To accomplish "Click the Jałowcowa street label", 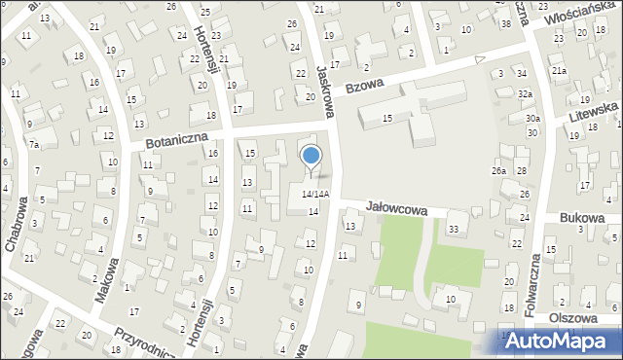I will pyautogui.click(x=397, y=207).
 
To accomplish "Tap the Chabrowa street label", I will pyautogui.click(x=18, y=223).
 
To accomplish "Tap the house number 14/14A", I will pyautogui.click(x=314, y=195).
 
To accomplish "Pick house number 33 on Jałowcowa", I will pyautogui.click(x=453, y=229).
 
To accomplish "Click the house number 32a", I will pyautogui.click(x=526, y=93).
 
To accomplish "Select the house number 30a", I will pyautogui.click(x=532, y=119).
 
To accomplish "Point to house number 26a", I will pyautogui.click(x=499, y=171).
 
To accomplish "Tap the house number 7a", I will pyautogui.click(x=33, y=145).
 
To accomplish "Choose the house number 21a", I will pyautogui.click(x=559, y=71).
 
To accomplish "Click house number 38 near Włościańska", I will pyautogui.click(x=505, y=22).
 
